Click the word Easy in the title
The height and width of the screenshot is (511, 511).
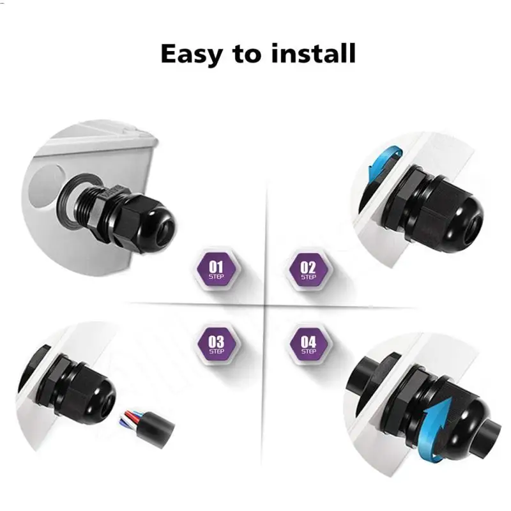(x=192, y=54)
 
